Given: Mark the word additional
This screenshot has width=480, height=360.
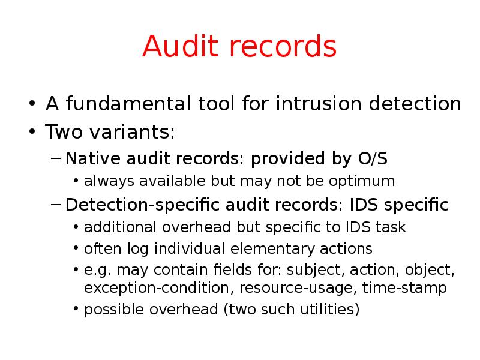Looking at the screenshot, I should click(117, 227).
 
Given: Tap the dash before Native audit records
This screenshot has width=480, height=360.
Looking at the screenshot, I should click(56, 160).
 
